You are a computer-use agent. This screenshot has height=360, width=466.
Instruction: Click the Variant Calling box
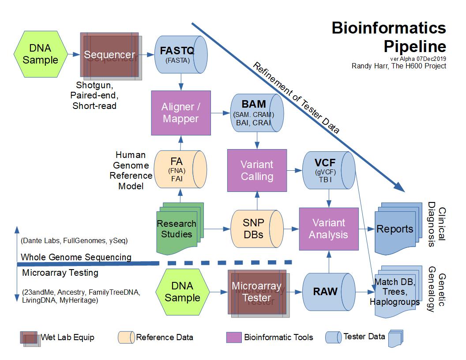[257, 170]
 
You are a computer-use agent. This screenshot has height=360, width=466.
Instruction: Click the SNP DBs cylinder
[256, 228]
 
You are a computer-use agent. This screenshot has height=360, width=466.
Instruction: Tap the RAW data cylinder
[328, 291]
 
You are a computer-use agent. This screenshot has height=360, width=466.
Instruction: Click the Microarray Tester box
[256, 292]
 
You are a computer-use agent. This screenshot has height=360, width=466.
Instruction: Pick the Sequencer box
[109, 55]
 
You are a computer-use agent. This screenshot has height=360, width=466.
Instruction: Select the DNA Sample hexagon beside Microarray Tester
[182, 292]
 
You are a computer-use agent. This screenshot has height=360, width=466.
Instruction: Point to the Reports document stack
[395, 228]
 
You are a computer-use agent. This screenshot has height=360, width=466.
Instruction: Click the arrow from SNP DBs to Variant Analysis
[292, 229]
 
